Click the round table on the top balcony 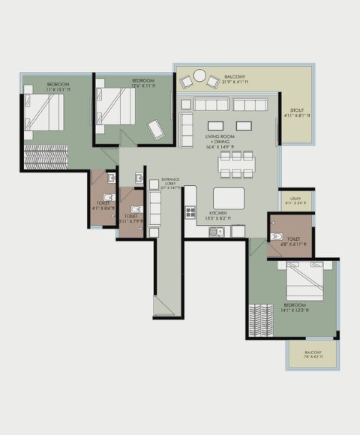coord(199,75)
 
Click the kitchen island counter coord(229,198)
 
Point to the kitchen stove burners coord(190,212)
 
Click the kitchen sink coord(219,231)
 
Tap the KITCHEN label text coord(218,213)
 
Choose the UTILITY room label coord(295,199)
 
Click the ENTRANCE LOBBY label coord(172,182)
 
